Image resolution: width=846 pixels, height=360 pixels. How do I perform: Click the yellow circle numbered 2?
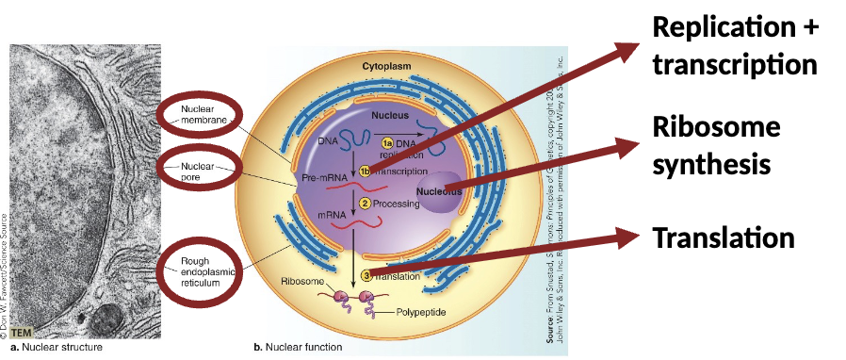(365, 204)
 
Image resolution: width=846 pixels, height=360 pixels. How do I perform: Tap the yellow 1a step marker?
(385, 141)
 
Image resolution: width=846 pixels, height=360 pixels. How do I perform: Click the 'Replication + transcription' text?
(735, 46)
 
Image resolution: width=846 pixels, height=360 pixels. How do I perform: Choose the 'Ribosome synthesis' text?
(716, 145)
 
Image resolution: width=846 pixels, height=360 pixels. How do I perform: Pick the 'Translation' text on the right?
(723, 237)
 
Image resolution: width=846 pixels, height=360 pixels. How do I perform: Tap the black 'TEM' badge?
(22, 332)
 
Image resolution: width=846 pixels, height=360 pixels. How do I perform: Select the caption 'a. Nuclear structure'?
(56, 347)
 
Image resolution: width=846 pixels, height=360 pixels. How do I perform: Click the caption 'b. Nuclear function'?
(298, 347)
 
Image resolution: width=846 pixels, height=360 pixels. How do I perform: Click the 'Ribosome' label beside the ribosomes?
(303, 282)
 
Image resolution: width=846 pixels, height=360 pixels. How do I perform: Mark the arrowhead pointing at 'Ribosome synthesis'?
(630, 146)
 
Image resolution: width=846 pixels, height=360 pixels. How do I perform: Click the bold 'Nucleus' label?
(389, 115)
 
